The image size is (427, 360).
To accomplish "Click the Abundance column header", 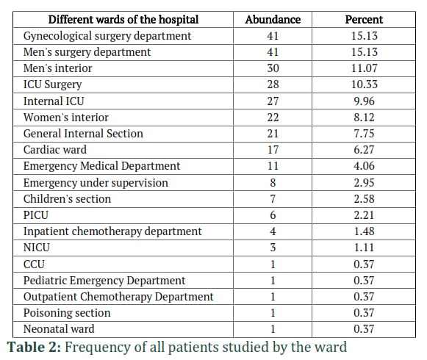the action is coord(273,20).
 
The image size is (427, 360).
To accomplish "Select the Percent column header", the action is coord(364,20).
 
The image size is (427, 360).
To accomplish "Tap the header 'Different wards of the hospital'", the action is coord(123,20).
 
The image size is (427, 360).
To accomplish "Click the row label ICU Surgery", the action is coord(53,84).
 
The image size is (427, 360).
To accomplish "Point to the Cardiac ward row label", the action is coord(55,150).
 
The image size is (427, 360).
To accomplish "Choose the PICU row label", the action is coord(36,215).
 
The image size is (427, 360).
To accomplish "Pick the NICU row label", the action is coord(37,248).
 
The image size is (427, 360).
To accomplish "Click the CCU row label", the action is coord(34,264).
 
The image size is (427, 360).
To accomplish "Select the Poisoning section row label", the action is coord(67,313).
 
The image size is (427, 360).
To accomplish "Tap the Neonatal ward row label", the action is coord(59,329).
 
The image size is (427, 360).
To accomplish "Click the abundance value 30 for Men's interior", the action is coord(273,68).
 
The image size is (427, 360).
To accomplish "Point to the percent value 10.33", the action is coord(364,84).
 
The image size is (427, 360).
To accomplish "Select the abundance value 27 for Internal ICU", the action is coord(273,101).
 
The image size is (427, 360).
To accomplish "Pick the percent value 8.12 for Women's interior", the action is coord(364,118).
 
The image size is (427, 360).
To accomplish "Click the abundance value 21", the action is coord(273,134).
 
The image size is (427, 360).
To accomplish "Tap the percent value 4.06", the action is coord(364,166).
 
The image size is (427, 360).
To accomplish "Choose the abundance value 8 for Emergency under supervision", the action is coord(273,182).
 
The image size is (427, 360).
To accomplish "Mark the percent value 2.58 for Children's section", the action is coord(364,199).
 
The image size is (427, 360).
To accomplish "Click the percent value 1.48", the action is coord(364,231).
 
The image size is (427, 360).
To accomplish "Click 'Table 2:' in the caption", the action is coord(34,348).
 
